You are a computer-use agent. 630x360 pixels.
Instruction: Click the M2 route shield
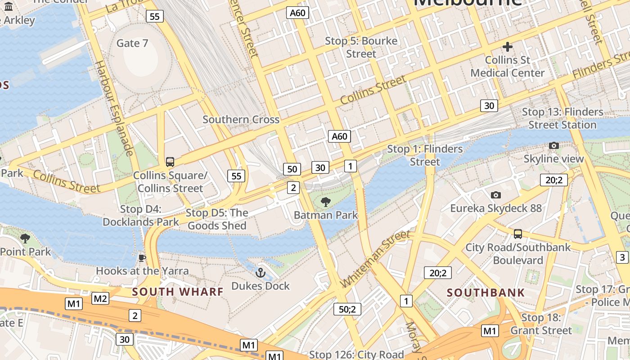100,298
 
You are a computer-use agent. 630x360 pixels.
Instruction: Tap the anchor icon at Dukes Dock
260,273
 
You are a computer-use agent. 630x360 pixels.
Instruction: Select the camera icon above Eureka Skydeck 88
496,195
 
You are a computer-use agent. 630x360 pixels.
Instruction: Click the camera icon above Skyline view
554,145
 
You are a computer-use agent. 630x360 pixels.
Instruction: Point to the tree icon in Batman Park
325,202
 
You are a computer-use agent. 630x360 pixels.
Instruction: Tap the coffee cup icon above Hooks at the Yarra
142,258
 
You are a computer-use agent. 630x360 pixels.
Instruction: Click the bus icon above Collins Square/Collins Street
170,162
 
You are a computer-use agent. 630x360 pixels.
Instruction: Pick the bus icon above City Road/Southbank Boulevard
518,234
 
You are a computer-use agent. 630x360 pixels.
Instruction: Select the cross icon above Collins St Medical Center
508,46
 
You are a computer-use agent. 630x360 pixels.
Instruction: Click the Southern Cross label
241,120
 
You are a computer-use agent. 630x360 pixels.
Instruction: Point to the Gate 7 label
132,43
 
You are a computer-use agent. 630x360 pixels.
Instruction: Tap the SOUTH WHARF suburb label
178,292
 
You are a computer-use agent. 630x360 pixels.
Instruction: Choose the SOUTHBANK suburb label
486,292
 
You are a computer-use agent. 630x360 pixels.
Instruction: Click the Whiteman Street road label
376,259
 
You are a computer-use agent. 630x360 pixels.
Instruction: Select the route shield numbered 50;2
347,309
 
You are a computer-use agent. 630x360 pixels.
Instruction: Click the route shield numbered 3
622,257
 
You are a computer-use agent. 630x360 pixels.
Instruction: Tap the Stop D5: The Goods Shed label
217,219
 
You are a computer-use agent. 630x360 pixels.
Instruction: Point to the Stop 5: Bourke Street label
361,47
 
